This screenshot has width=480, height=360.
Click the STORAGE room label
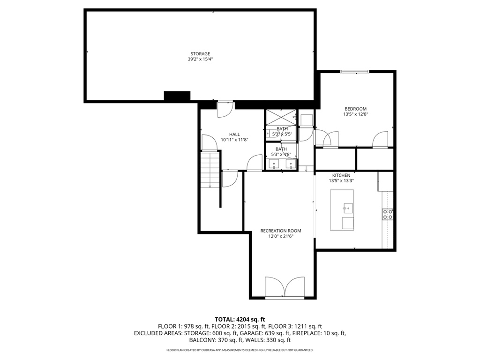click(200, 53)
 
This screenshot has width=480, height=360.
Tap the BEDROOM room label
click(355, 109)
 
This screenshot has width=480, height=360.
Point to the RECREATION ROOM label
click(281, 231)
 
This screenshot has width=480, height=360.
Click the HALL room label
click(234, 134)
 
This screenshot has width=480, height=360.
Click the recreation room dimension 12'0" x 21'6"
click(281, 237)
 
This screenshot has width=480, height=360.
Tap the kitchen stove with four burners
click(388, 214)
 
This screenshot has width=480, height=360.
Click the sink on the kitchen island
click(348, 207)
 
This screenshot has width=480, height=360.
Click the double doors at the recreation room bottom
click(285, 287)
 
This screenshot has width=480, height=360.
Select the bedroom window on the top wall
click(354, 72)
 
